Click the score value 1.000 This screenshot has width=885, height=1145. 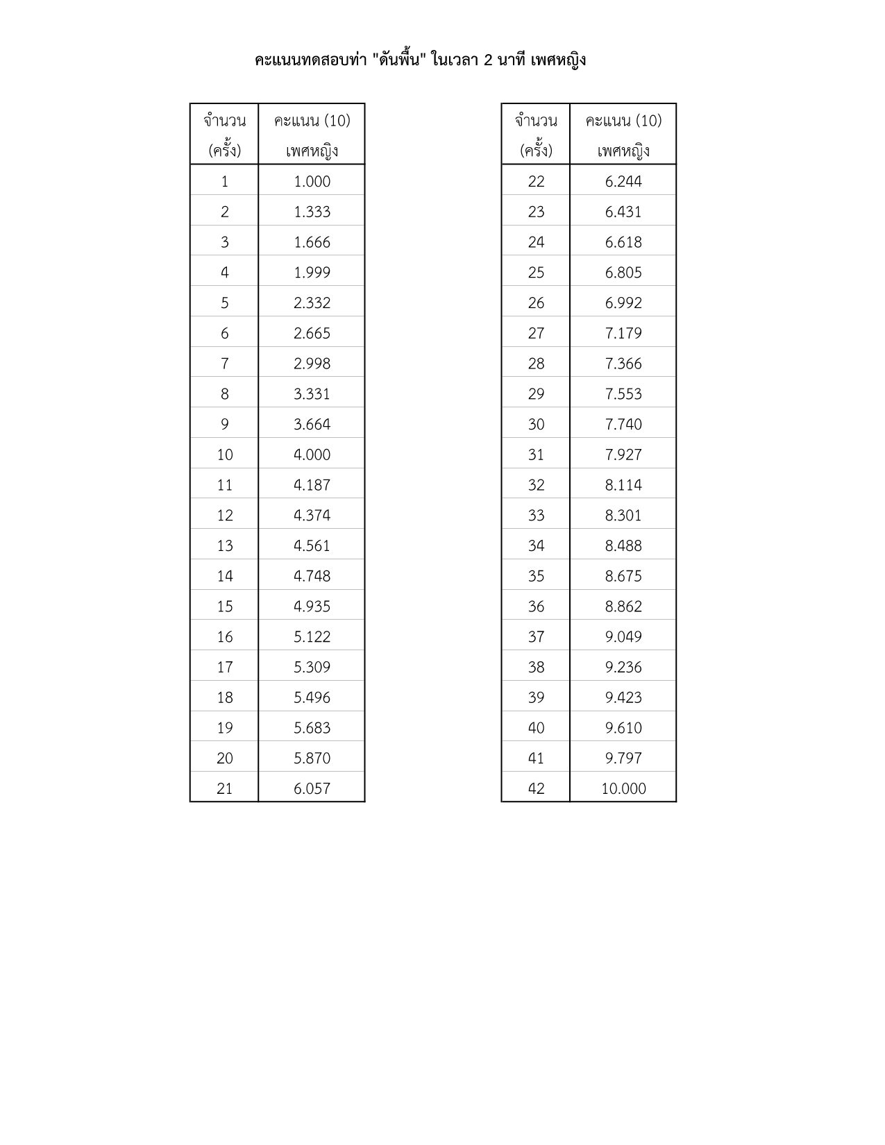point(312,181)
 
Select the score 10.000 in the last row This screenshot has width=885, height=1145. point(623,788)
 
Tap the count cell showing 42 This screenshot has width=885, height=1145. point(536,788)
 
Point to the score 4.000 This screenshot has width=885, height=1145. point(312,455)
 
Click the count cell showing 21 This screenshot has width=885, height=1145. point(224,788)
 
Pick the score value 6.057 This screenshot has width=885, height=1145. point(312,788)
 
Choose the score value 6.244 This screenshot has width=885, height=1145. point(623,181)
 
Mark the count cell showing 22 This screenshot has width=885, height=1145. point(536,181)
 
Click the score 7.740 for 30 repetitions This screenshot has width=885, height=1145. point(623,424)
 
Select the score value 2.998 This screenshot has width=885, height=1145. point(312,364)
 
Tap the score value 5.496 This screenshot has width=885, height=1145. point(312,697)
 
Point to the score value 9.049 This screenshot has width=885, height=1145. point(623,636)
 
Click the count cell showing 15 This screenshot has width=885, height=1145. point(224,607)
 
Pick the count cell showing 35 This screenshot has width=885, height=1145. point(536,576)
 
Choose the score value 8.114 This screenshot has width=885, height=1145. point(623,485)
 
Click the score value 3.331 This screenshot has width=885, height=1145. point(312,394)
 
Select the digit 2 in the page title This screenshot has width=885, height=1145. point(488,60)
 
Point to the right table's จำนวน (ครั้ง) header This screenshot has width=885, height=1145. point(536,135)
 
